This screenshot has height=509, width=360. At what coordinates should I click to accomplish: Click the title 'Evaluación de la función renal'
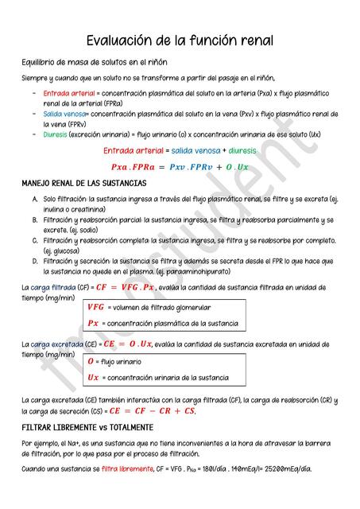(x=180, y=40)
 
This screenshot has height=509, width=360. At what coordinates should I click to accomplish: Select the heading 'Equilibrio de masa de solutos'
(x=94, y=62)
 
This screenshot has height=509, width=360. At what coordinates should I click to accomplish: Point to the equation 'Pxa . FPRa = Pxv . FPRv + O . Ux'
(x=180, y=167)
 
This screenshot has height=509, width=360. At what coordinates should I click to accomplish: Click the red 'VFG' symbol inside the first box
(x=95, y=307)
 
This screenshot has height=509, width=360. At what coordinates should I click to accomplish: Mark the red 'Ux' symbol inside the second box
(x=93, y=378)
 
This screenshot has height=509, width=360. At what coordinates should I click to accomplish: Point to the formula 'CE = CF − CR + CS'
(x=152, y=411)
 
